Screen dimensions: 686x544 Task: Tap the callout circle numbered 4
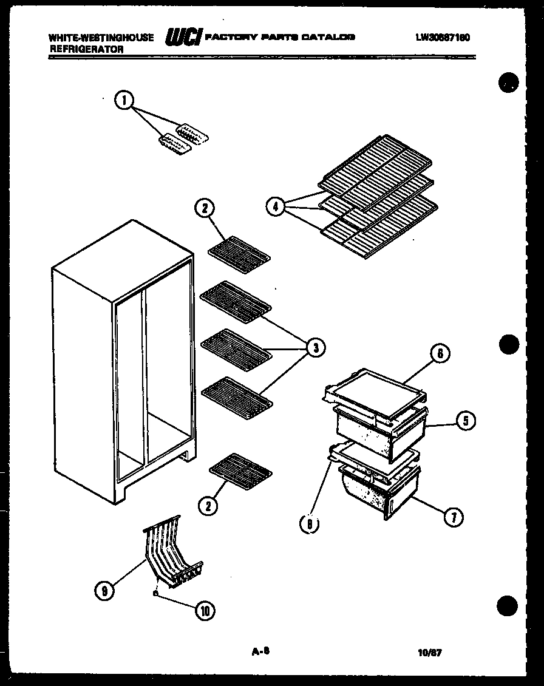276,207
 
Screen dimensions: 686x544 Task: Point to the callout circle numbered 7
454,517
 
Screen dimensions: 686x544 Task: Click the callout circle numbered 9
105,588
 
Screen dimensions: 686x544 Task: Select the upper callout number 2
205,209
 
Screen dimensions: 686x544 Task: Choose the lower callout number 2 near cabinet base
208,505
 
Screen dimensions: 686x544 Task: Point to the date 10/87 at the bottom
429,653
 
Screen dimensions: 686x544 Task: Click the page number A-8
260,651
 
